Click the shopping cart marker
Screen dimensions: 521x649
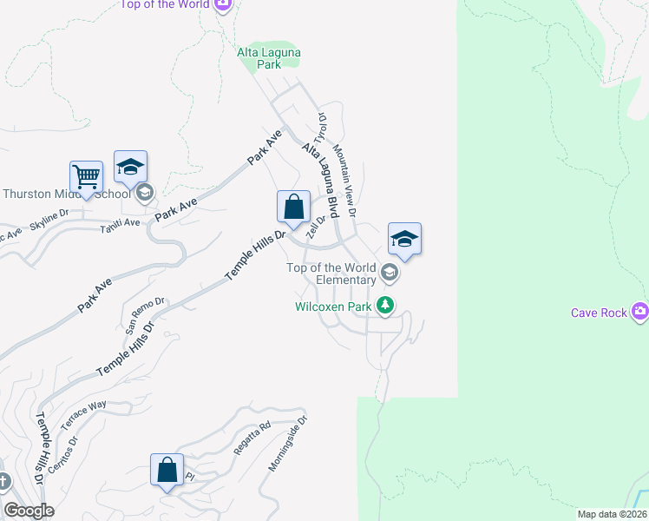87,177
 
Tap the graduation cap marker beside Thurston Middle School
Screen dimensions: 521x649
130,168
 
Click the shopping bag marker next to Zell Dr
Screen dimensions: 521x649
294,208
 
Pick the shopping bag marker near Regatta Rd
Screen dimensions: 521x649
167,471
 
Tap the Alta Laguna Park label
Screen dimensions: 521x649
269,58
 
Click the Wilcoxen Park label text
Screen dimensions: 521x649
333,306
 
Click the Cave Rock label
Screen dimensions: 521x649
599,313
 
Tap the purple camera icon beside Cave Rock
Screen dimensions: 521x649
639,311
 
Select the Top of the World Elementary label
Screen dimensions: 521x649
332,274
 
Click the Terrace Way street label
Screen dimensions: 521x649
84,416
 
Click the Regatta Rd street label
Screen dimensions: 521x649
252,439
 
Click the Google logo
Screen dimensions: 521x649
29,511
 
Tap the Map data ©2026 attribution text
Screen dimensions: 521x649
611,514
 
